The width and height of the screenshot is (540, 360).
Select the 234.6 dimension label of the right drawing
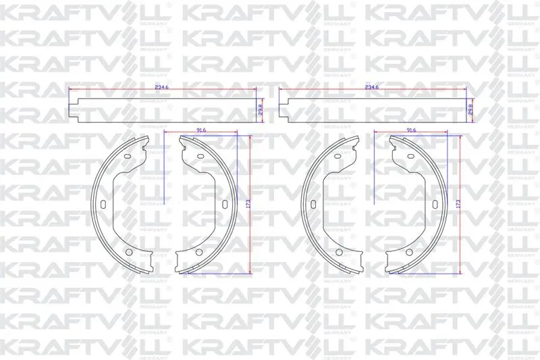pyautogui.click(x=372, y=88)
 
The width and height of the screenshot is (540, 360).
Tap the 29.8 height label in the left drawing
pyautogui.click(x=261, y=109)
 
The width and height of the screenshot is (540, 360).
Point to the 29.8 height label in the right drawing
pyautogui.click(x=470, y=109)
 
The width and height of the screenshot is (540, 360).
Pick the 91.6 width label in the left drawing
pyautogui.click(x=200, y=130)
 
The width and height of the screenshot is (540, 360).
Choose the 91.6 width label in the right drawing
pyautogui.click(x=411, y=130)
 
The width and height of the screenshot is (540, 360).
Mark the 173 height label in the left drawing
pyautogui.click(x=248, y=203)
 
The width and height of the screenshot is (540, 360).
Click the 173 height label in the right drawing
pyautogui.click(x=458, y=203)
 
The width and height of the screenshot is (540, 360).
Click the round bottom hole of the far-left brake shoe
pyautogui.click(x=129, y=252)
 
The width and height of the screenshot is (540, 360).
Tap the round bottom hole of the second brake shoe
pyautogui.click(x=198, y=252)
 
